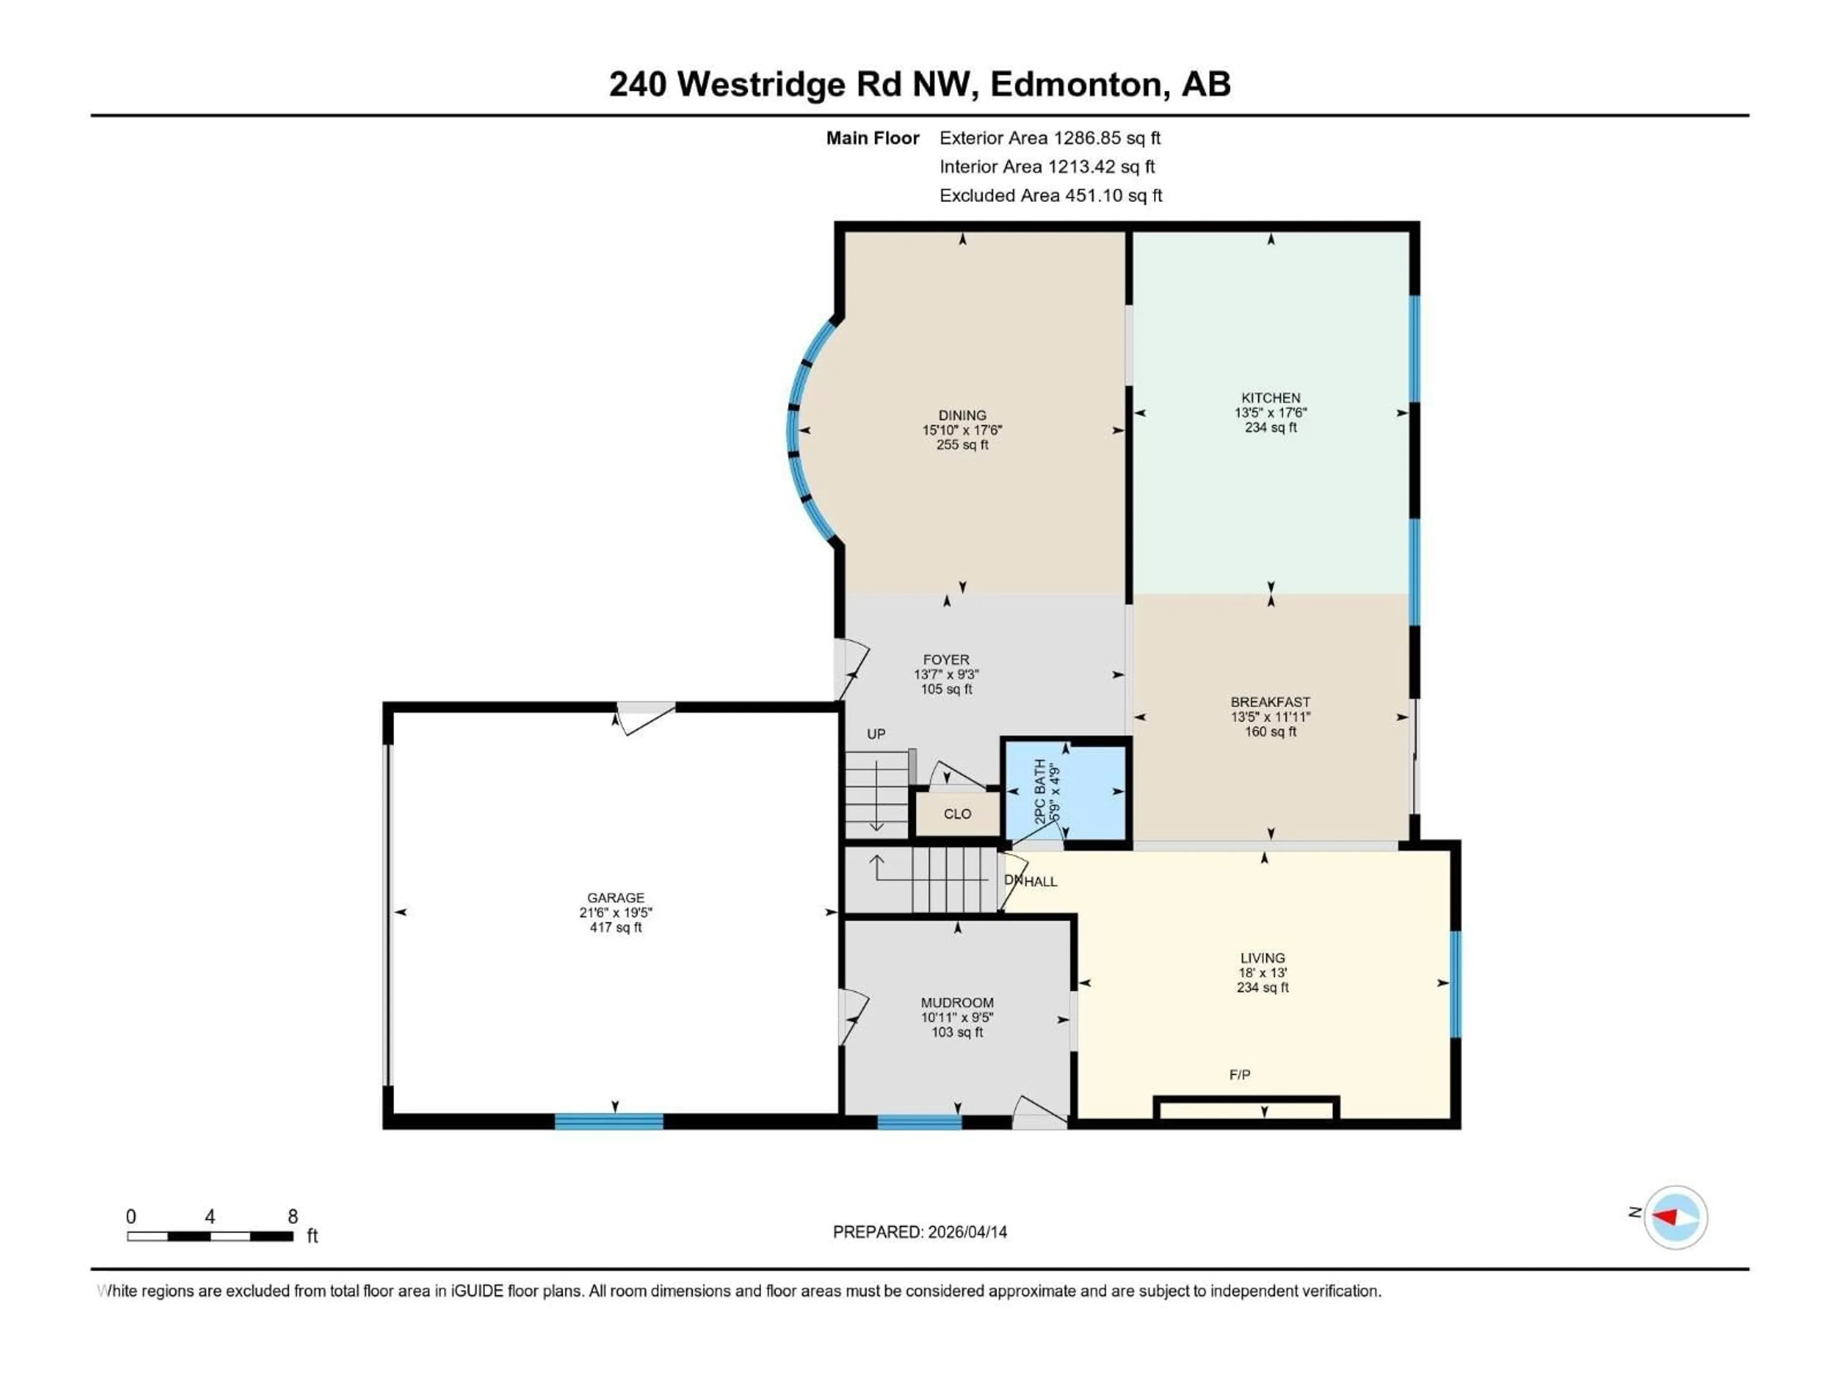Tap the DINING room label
962,415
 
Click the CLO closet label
957,814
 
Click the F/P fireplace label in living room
1239,1075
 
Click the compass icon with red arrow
1676,1217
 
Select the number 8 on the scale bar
293,1216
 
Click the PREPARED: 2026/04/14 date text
920,1232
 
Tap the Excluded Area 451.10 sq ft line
1050,196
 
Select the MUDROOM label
957,1003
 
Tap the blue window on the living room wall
1456,984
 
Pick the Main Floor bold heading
872,138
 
